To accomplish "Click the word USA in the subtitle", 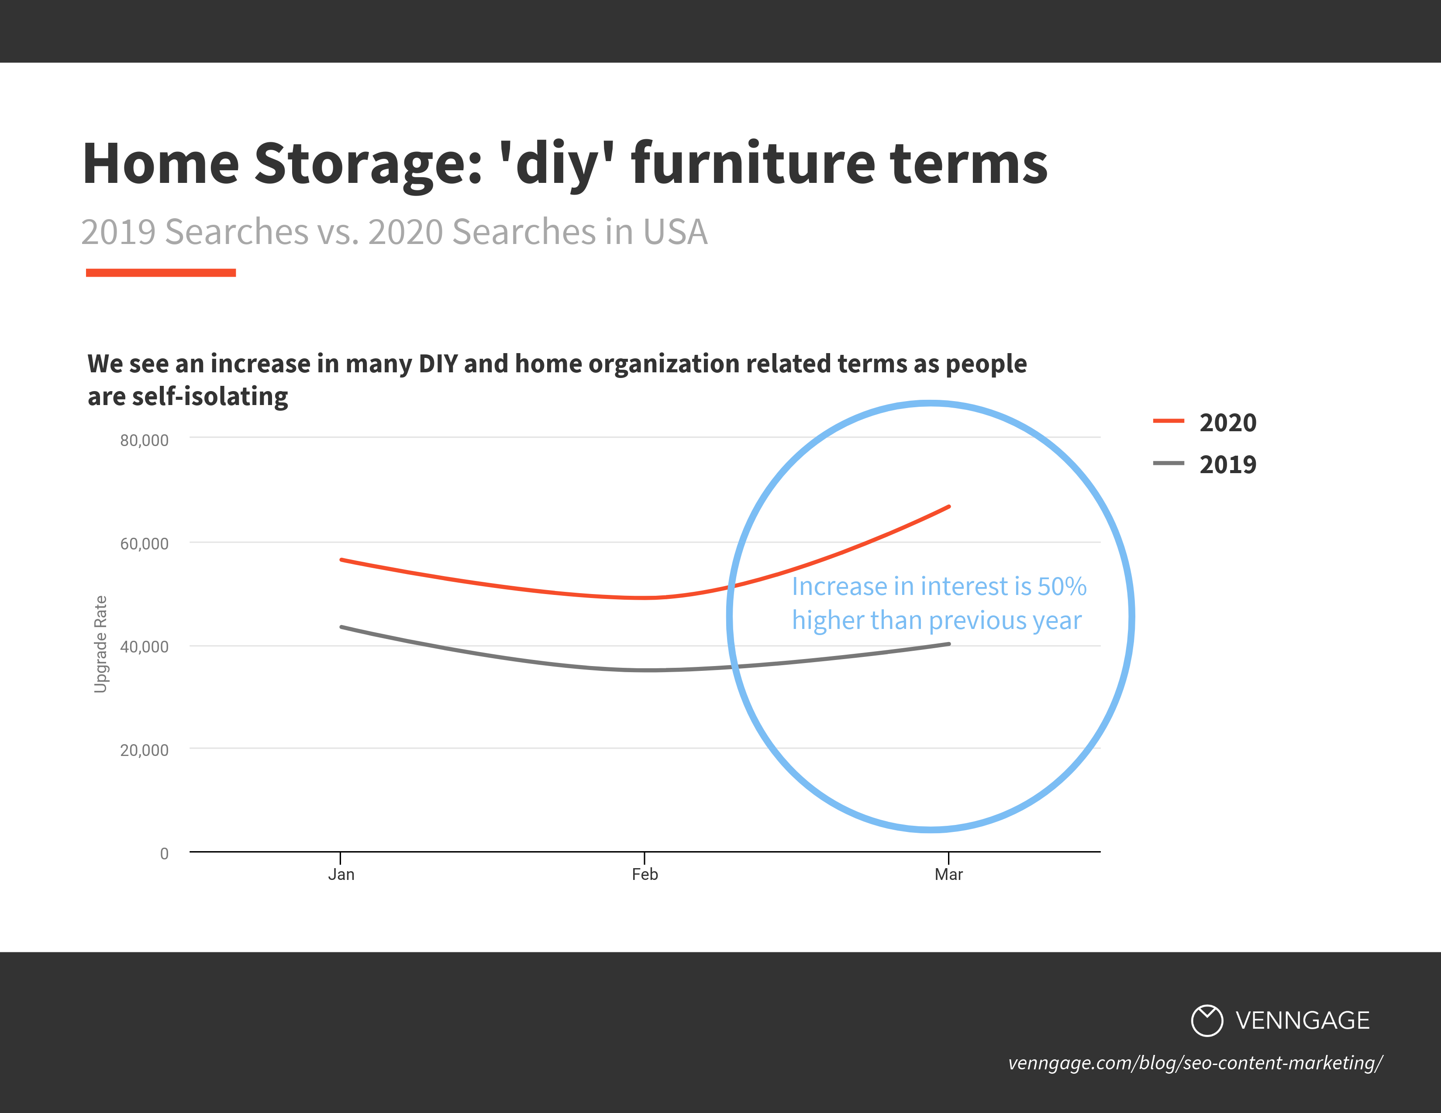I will (x=674, y=232).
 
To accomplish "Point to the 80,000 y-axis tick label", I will (x=144, y=440).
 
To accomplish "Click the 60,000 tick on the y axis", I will (x=144, y=544).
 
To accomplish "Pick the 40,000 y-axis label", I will (x=144, y=647).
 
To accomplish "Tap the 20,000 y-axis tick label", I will (x=144, y=750).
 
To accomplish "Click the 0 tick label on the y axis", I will (x=164, y=854).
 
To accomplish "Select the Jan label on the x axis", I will (x=341, y=874).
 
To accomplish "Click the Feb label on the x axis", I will (x=645, y=874).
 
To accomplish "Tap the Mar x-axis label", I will (x=948, y=874).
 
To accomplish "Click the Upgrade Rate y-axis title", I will (x=100, y=644).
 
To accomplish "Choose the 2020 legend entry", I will (x=1227, y=423).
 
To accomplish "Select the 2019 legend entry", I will (x=1227, y=465).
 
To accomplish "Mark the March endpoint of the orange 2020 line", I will (x=948, y=507).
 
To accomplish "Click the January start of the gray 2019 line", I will (x=342, y=627).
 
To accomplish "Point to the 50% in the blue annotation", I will (x=1062, y=586).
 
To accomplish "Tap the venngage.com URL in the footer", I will (x=1194, y=1063).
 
